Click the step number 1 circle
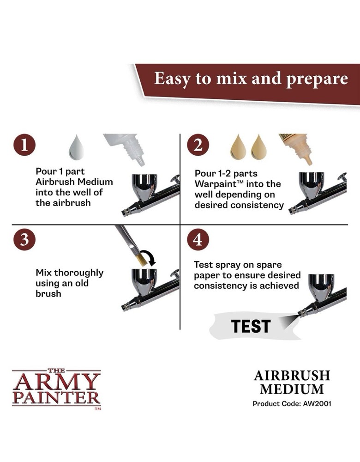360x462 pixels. coord(24,146)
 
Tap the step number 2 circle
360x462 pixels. coord(198,146)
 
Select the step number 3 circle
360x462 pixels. coord(24,239)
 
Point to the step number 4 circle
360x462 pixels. coord(198,239)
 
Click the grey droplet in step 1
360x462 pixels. coord(76,147)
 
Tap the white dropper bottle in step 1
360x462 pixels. coord(125,147)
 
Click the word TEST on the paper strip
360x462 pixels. coord(251,326)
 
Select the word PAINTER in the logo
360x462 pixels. coord(56,397)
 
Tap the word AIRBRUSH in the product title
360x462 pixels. coord(291,375)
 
